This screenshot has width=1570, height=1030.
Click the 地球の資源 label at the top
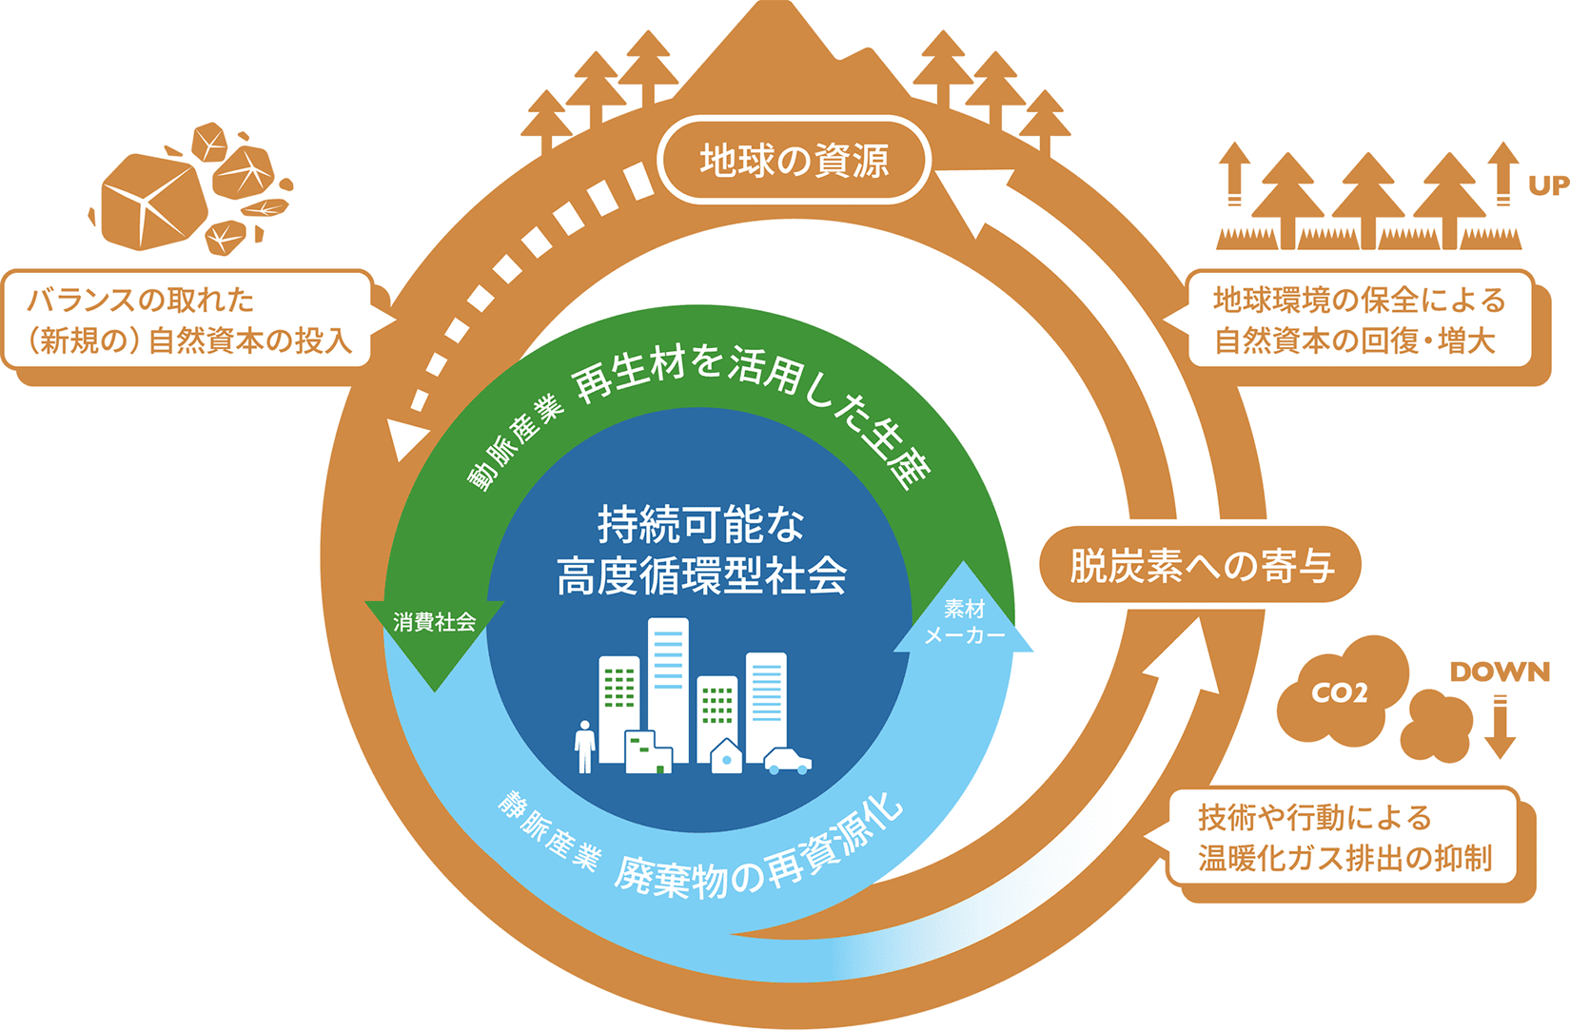(x=794, y=160)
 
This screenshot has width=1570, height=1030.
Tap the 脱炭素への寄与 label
(x=1201, y=566)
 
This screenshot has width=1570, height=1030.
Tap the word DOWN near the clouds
(x=1500, y=672)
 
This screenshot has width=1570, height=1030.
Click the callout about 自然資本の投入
(x=188, y=321)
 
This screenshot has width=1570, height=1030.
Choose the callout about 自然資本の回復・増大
(x=1359, y=321)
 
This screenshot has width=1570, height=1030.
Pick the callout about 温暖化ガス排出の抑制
(x=1344, y=837)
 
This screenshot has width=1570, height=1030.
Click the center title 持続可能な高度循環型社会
(x=701, y=551)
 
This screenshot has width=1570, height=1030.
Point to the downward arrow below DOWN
(x=1501, y=729)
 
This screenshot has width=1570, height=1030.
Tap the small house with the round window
(x=727, y=757)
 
